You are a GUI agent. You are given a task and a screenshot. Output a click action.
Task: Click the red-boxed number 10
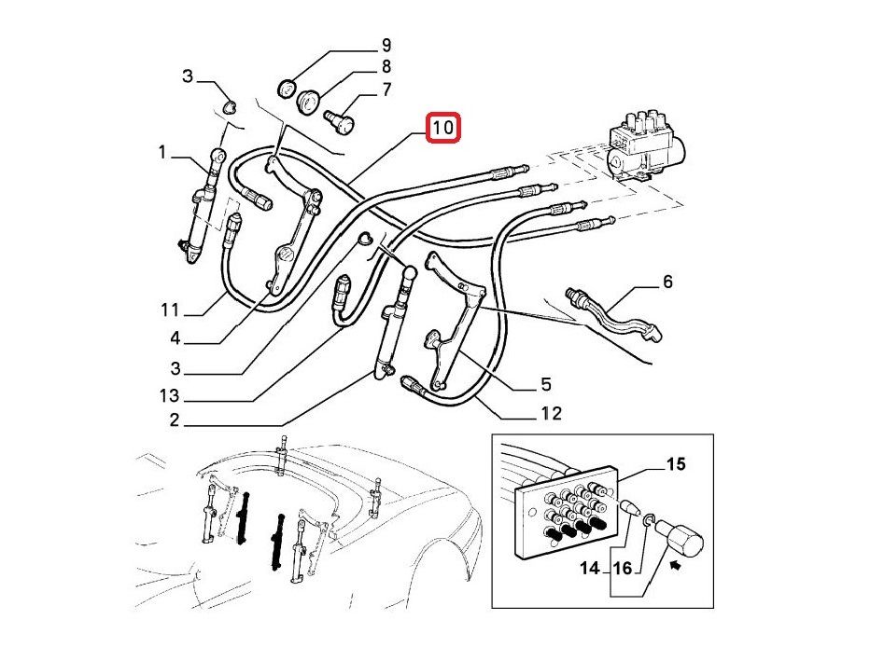click(443, 128)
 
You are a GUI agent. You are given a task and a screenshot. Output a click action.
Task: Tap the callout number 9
click(386, 45)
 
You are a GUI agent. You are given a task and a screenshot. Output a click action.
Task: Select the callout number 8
click(386, 67)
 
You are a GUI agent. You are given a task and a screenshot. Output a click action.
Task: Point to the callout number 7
click(386, 90)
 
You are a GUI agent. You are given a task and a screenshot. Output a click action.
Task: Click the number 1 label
click(161, 152)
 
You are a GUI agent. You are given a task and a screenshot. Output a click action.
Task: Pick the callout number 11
click(168, 310)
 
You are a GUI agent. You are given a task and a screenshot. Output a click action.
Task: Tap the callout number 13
click(168, 396)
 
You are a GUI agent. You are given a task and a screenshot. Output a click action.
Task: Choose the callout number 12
click(551, 412)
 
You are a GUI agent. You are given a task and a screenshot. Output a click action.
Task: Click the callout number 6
click(667, 281)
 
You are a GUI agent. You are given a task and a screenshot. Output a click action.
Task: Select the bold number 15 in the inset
click(675, 463)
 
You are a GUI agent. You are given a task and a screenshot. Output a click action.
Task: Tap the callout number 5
click(545, 383)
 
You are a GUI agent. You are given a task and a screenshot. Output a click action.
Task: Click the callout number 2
click(174, 420)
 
